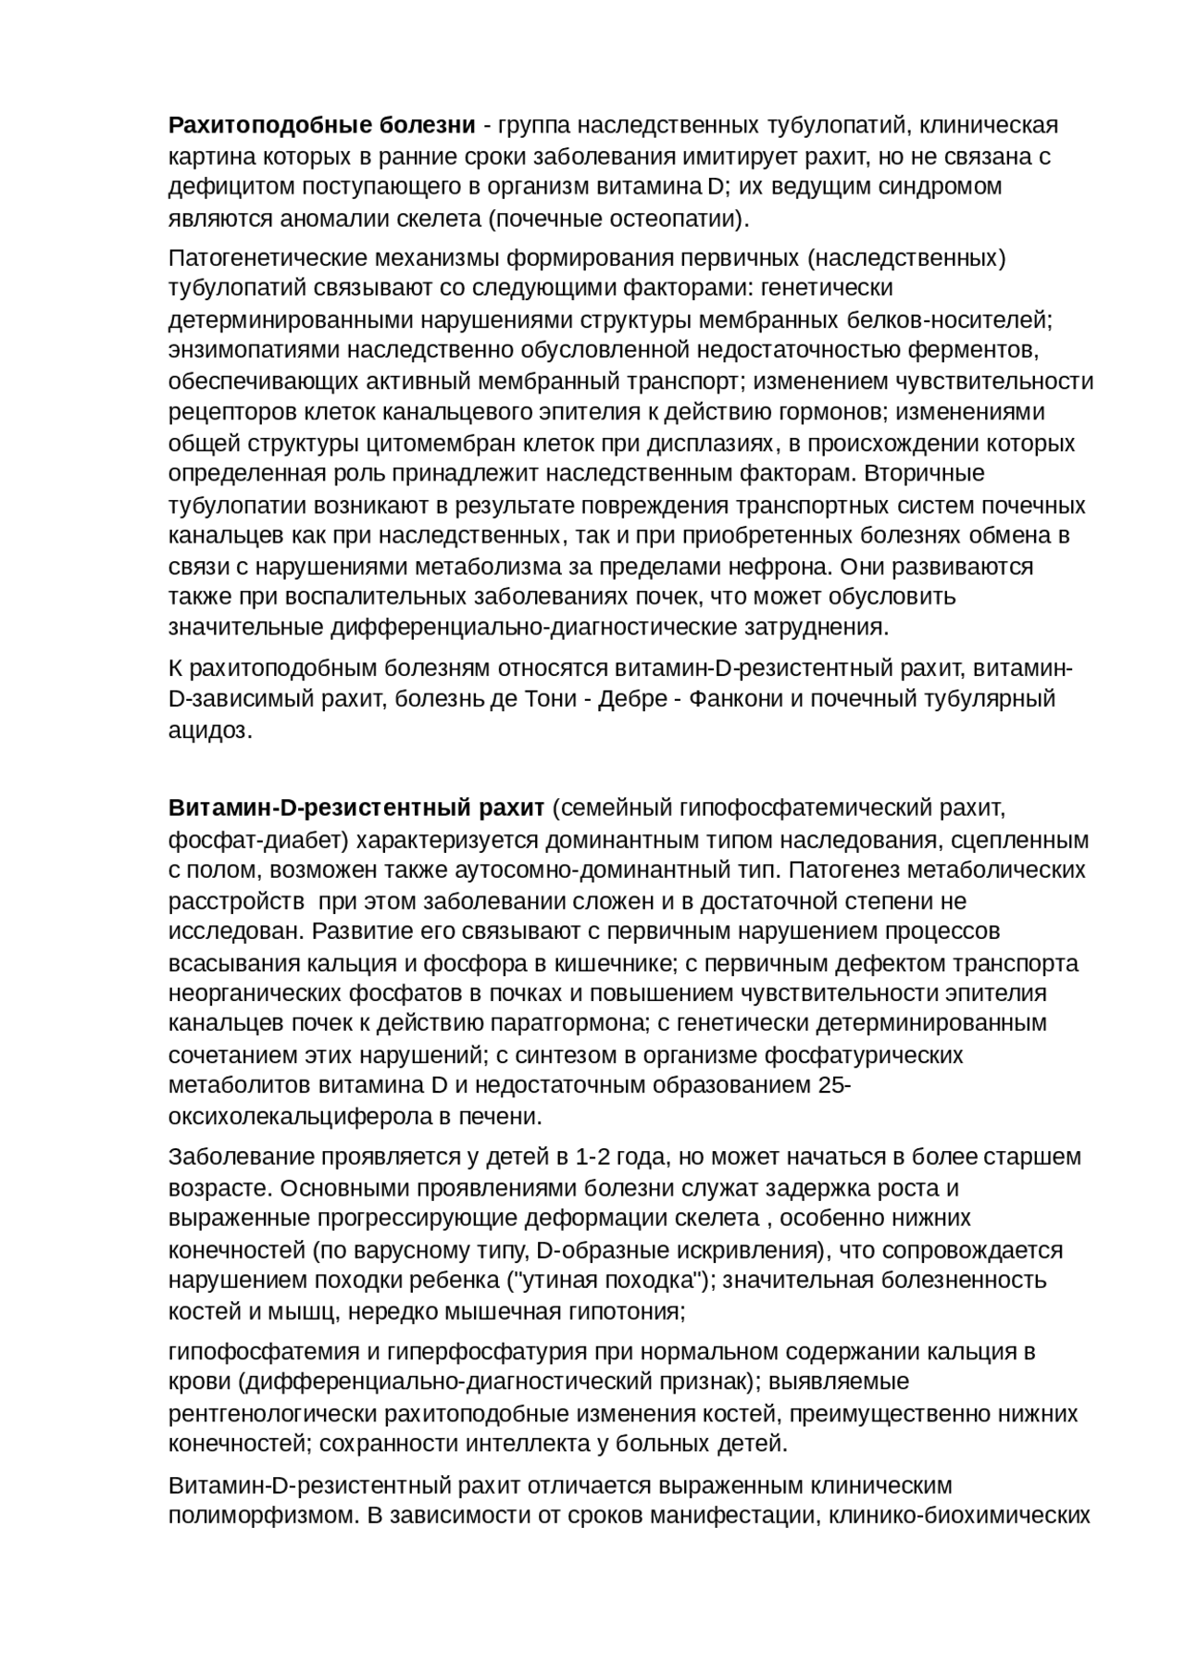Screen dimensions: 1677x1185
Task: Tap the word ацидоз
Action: [207, 730]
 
